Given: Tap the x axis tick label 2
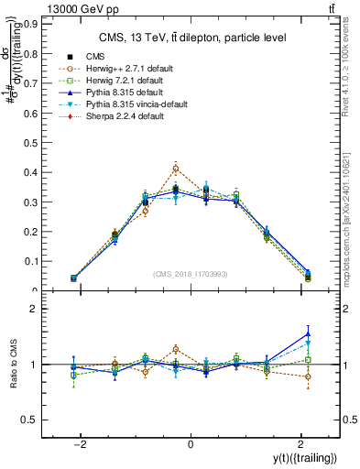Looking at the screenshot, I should [x=300, y=444].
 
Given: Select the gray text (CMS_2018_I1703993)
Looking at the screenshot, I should [x=191, y=274].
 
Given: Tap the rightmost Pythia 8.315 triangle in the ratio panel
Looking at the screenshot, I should [x=308, y=333].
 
